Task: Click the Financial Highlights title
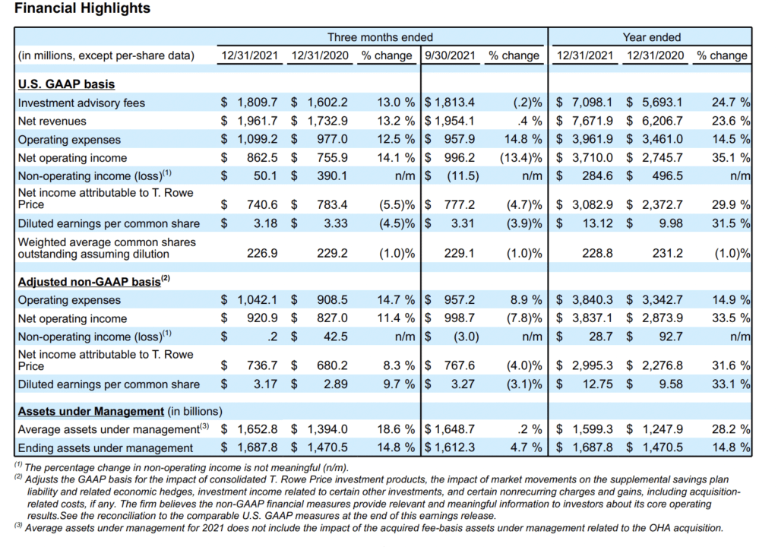click(82, 8)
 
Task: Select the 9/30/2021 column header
click(450, 55)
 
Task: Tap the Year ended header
click(651, 37)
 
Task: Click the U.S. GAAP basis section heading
click(67, 84)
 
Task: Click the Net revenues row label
click(52, 121)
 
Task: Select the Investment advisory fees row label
click(81, 103)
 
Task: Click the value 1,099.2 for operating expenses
click(257, 140)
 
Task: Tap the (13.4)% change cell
click(521, 158)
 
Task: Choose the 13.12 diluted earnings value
click(597, 223)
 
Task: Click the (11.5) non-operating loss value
click(463, 175)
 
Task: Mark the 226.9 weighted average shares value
click(262, 253)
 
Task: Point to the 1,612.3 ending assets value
click(454, 447)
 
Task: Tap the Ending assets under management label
click(105, 447)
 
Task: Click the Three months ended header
click(380, 37)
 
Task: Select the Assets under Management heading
click(91, 412)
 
